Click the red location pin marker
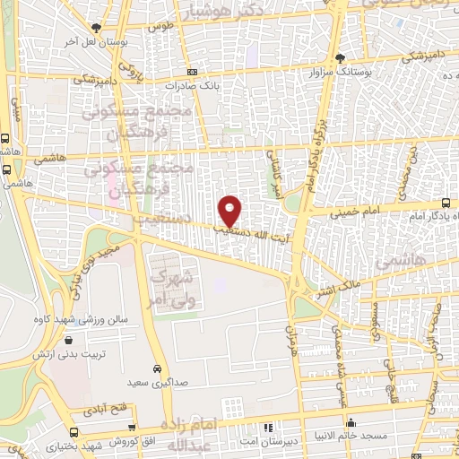230,210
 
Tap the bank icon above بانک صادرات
192,73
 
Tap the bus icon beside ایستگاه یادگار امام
447,204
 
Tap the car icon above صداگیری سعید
157,369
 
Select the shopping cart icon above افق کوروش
132,429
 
